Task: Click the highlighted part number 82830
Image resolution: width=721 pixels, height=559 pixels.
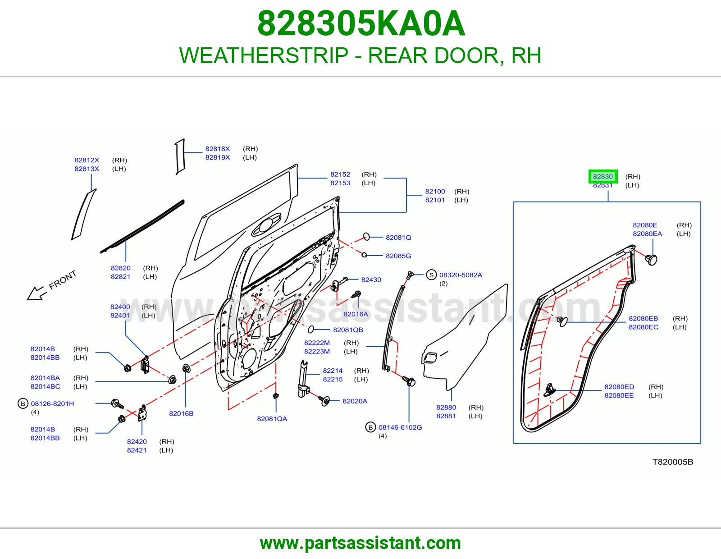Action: pos(603,177)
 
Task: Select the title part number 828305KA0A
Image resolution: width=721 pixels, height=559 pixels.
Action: pos(361,23)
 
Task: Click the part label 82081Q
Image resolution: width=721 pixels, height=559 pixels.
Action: pos(398,238)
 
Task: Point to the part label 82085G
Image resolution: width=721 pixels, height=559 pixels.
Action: pos(398,256)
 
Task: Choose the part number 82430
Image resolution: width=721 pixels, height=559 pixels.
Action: pos(371,280)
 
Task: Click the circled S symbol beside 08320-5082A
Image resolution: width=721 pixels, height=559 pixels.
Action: pos(431,275)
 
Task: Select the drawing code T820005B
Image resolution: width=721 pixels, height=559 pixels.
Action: pos(672,462)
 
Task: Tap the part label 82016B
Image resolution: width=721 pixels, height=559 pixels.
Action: pos(181,413)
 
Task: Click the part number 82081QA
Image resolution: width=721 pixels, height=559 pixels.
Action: pos(272,419)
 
